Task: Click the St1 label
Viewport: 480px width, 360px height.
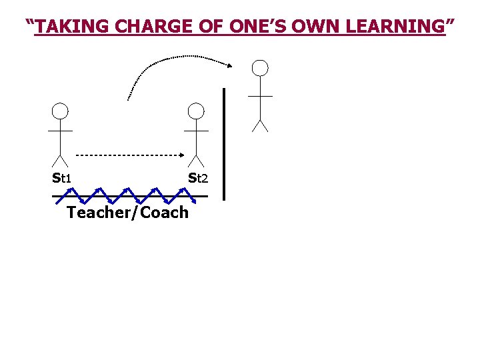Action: click(x=62, y=178)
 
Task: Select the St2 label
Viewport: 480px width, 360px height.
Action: click(x=198, y=178)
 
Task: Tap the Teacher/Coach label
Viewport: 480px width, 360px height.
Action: click(x=128, y=213)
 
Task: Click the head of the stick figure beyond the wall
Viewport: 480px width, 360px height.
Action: click(x=260, y=67)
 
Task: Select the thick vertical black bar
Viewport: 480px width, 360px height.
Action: click(x=224, y=143)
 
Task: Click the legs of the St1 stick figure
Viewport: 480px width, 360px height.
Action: click(x=60, y=161)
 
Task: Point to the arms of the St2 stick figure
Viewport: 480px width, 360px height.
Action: click(x=195, y=131)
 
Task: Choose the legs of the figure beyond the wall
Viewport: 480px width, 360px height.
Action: click(x=260, y=125)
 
